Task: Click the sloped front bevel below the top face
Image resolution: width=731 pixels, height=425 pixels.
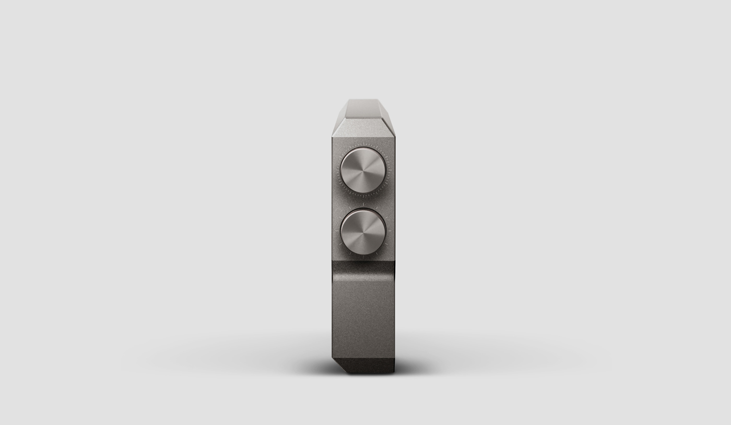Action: [x=362, y=130]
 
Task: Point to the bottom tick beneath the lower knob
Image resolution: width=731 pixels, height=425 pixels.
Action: [x=363, y=257]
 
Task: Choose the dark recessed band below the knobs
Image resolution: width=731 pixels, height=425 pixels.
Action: [x=363, y=267]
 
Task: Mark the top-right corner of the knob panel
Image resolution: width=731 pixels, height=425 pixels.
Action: [x=393, y=140]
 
